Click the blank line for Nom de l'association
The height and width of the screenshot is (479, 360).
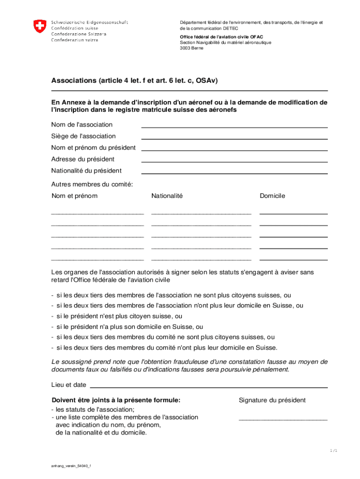pos(234,126)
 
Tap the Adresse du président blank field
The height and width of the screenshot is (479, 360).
pos(234,161)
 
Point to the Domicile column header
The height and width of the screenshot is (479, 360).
pos(272,196)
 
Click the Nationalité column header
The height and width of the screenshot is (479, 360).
pos(167,196)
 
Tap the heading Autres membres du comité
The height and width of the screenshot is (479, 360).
pos(92,184)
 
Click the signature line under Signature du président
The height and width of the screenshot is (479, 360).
pos(283,420)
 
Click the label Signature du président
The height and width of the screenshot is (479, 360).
pos(272,400)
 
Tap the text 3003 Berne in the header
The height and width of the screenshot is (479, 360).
pos(192,48)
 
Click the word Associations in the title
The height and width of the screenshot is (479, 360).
pos(73,81)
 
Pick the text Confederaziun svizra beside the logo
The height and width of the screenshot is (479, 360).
pos(79,40)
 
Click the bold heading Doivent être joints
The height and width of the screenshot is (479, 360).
pos(116,400)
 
